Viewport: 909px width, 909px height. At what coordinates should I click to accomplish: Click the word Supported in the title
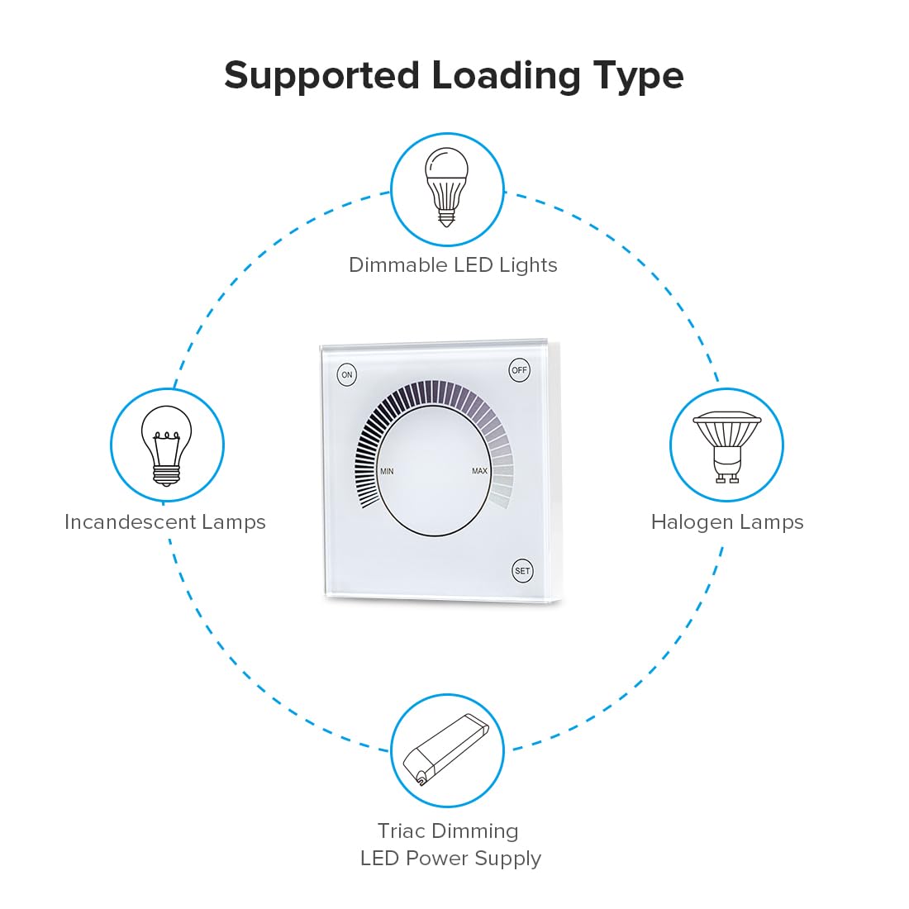click(321, 76)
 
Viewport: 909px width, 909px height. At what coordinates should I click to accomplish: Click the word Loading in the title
click(506, 76)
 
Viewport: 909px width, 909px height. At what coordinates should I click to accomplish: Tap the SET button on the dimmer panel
click(522, 570)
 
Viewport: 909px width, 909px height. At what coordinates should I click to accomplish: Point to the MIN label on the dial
click(387, 471)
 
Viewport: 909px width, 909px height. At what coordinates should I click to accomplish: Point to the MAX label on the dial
click(479, 471)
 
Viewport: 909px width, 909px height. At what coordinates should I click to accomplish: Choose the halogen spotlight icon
click(727, 447)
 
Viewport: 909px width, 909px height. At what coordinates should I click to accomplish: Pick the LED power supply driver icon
click(446, 750)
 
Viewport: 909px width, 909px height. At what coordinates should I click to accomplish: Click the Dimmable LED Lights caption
click(453, 265)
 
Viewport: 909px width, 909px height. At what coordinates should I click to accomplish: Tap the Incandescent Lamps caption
click(165, 521)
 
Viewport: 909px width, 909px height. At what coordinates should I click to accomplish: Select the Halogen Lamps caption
click(727, 522)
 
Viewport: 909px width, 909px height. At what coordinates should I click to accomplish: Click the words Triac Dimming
click(448, 831)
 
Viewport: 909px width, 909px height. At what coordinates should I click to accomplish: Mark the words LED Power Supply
click(450, 859)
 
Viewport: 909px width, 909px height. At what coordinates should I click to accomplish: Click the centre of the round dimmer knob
click(434, 470)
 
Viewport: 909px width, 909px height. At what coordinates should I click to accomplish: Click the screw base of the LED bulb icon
click(446, 217)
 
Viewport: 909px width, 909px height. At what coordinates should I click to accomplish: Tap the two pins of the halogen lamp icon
click(727, 478)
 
